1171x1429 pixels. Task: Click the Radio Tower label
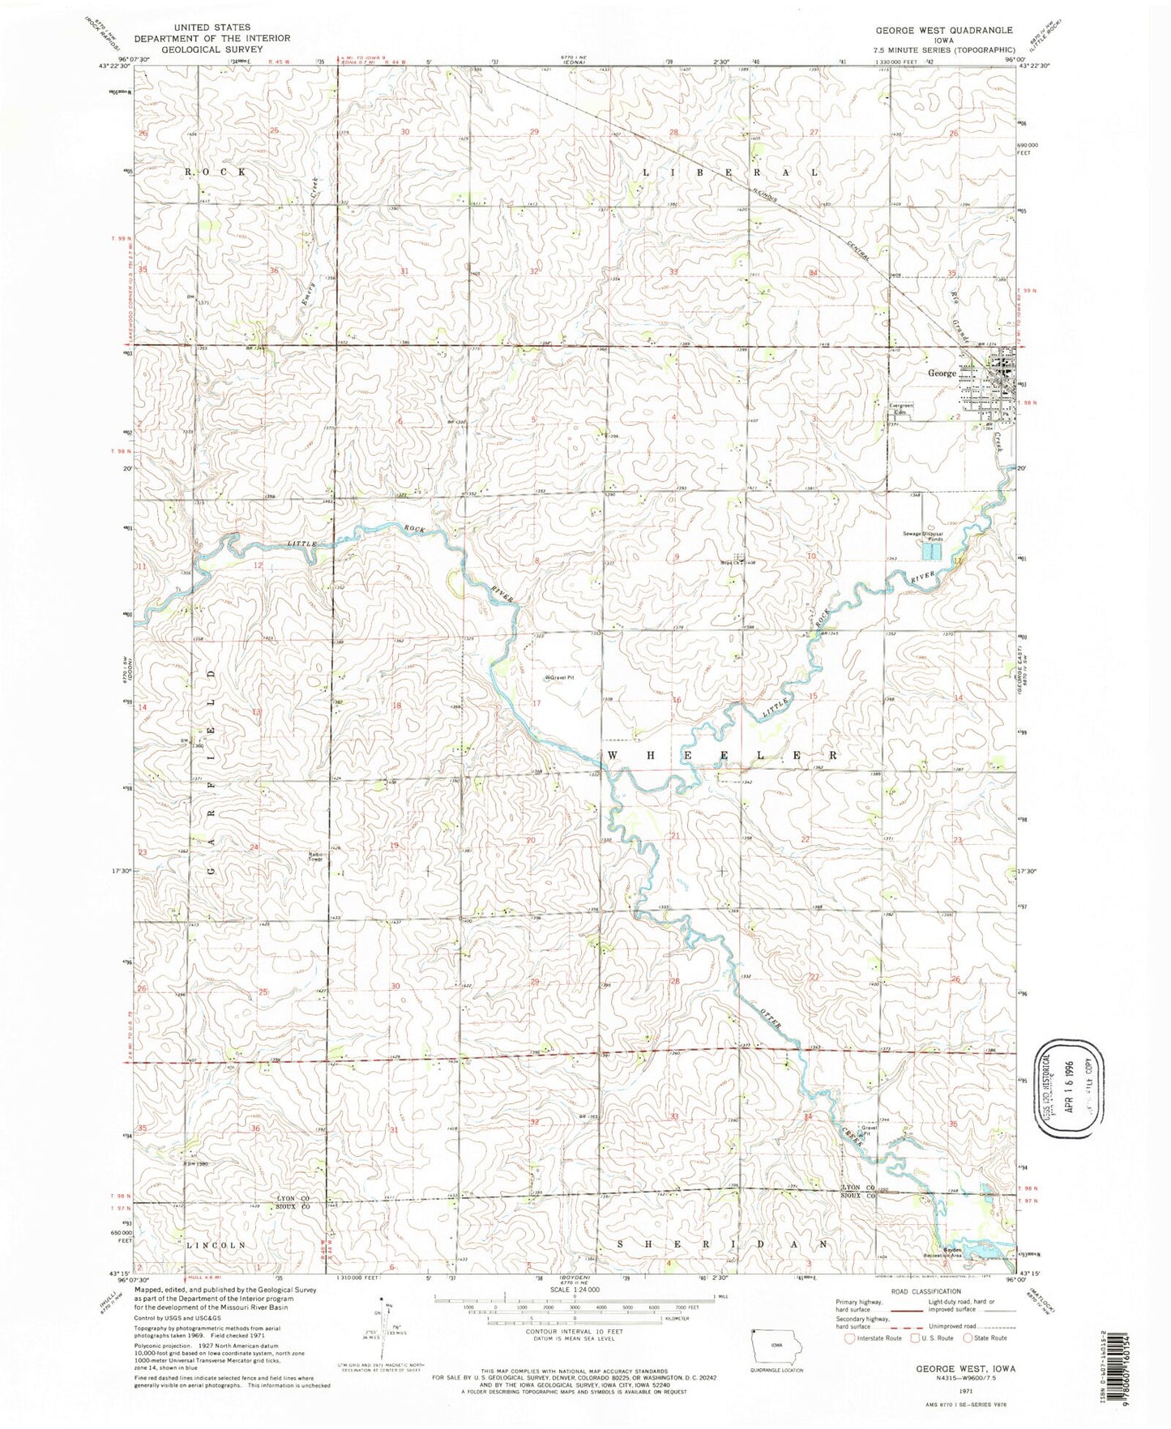(x=315, y=855)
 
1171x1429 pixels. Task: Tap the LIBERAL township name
(x=729, y=173)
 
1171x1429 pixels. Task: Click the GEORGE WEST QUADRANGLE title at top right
(x=943, y=30)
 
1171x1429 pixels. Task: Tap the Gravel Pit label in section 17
(x=566, y=677)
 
